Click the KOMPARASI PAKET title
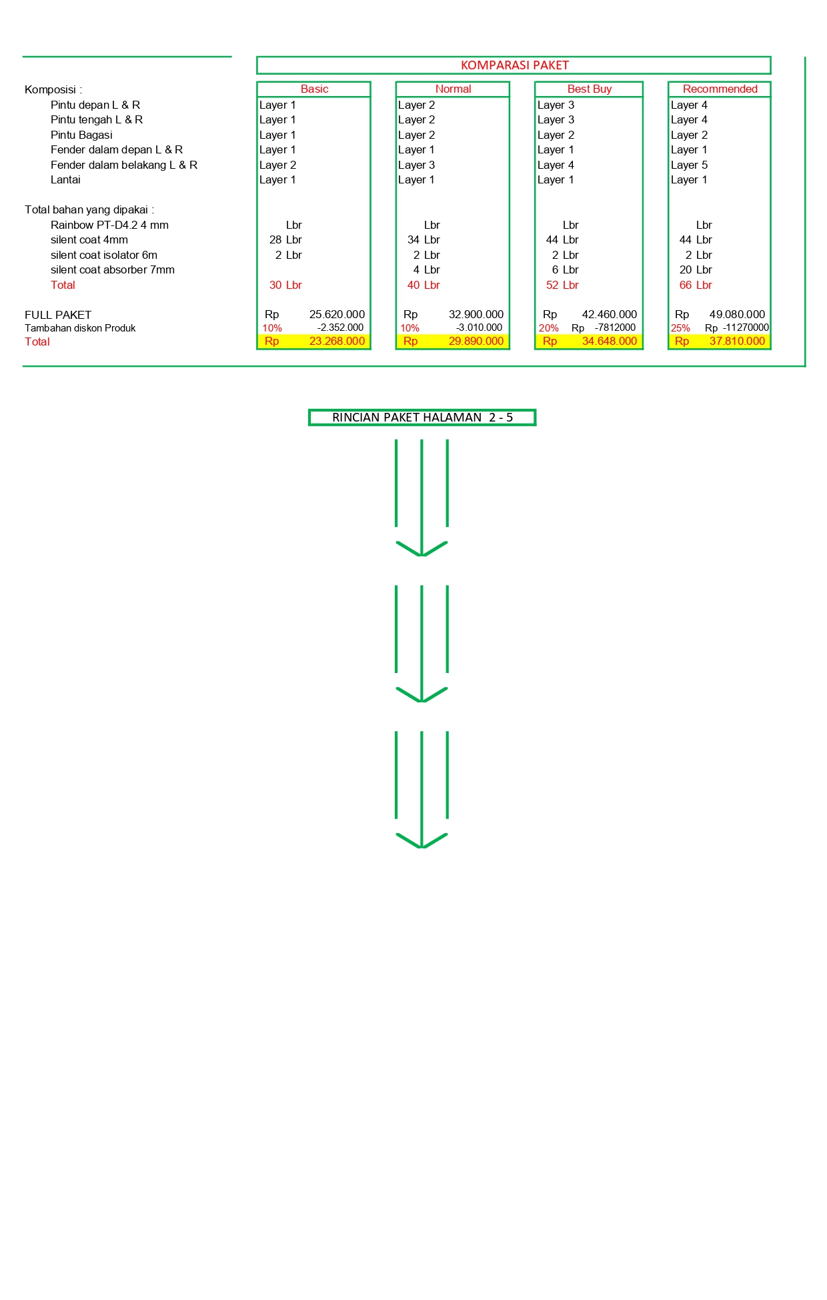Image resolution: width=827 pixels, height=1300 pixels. pyautogui.click(x=515, y=65)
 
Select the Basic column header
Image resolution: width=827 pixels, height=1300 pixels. pyautogui.click(x=314, y=89)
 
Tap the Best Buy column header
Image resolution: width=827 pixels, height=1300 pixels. pyautogui.click(x=590, y=89)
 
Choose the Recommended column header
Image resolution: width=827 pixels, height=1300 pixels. pyautogui.click(x=720, y=89)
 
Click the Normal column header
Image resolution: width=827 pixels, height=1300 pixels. pyautogui.click(x=453, y=89)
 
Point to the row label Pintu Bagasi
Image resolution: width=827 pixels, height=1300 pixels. pyautogui.click(x=81, y=135)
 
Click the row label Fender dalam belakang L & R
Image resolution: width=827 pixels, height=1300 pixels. pyautogui.click(x=124, y=165)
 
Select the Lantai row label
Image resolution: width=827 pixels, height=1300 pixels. pyautogui.click(x=65, y=180)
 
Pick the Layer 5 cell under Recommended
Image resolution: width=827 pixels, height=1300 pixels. pyautogui.click(x=690, y=165)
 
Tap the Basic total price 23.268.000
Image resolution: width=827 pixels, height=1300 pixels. pyautogui.click(x=337, y=342)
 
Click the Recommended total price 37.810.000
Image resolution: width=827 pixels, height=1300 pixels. pyautogui.click(x=737, y=342)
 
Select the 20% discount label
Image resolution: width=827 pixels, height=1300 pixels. pyautogui.click(x=549, y=328)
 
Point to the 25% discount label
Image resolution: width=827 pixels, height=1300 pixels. pyautogui.click(x=680, y=328)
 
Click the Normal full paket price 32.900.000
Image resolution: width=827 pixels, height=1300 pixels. pyautogui.click(x=476, y=314)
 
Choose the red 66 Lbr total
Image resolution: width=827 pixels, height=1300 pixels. pyautogui.click(x=696, y=285)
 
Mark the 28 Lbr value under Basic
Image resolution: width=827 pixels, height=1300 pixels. pyautogui.click(x=285, y=239)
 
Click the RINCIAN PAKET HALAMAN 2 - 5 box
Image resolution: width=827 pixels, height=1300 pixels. pyautogui.click(x=422, y=418)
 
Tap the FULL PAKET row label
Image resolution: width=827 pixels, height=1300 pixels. pyautogui.click(x=58, y=315)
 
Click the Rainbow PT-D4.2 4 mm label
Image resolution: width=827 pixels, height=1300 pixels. pyautogui.click(x=109, y=225)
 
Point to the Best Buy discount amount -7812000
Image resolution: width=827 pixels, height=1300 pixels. pyautogui.click(x=615, y=328)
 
